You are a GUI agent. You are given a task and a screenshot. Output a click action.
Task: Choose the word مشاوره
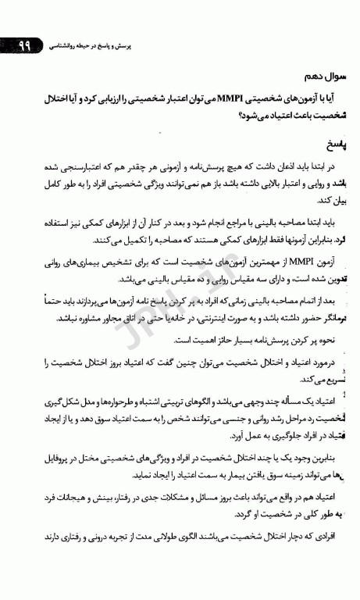[99, 318]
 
